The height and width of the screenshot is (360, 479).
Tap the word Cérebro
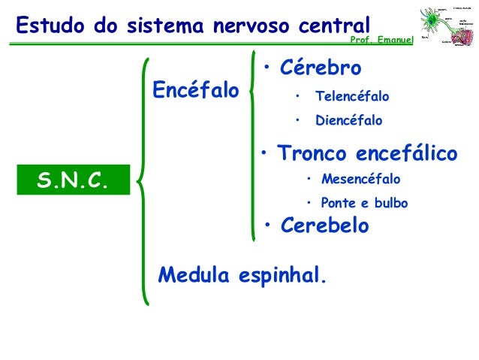coord(320,68)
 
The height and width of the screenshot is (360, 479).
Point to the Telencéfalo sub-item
coord(352,97)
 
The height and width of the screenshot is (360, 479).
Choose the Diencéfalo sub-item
coord(348,120)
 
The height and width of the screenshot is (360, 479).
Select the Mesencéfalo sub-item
coord(360,180)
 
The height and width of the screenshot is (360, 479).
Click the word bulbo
coord(391,203)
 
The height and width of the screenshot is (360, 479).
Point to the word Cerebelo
coord(324,226)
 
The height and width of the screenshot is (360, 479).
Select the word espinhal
coord(284,277)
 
